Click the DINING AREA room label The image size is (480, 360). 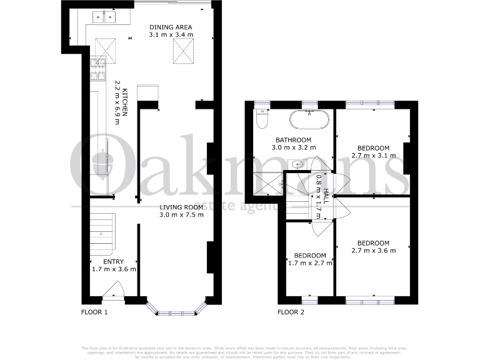170,27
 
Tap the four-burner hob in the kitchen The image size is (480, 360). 98,69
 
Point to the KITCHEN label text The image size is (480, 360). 125,103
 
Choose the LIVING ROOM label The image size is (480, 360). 181,207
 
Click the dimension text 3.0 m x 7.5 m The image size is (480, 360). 181,216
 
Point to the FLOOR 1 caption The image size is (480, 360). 95,311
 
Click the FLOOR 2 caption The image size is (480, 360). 291,311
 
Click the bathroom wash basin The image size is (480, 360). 298,165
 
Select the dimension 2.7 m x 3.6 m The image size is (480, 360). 373,251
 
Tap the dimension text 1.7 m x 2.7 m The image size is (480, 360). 311,263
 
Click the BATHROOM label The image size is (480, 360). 294,139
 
